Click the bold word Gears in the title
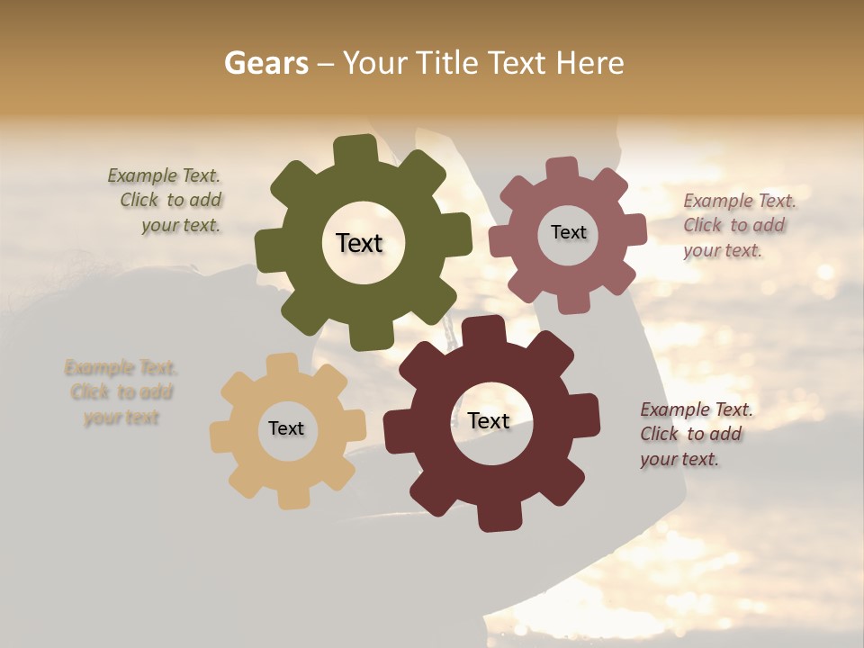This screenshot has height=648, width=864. pyautogui.click(x=265, y=63)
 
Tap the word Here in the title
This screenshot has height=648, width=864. pyautogui.click(x=589, y=63)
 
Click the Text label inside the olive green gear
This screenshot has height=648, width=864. pyautogui.click(x=359, y=243)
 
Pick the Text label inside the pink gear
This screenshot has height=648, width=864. pyautogui.click(x=568, y=232)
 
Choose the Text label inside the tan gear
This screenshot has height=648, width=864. pyautogui.click(x=286, y=428)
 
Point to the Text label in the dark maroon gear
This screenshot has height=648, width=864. pyautogui.click(x=489, y=420)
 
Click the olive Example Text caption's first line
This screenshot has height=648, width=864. pyautogui.click(x=164, y=175)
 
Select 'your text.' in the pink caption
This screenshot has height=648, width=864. pyautogui.click(x=722, y=251)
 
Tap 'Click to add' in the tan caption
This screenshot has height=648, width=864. pyautogui.click(x=121, y=392)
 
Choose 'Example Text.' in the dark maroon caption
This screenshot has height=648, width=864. pyautogui.click(x=697, y=409)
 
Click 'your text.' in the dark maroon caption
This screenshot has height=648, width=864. pyautogui.click(x=679, y=460)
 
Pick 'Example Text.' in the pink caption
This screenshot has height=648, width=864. pyautogui.click(x=740, y=201)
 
